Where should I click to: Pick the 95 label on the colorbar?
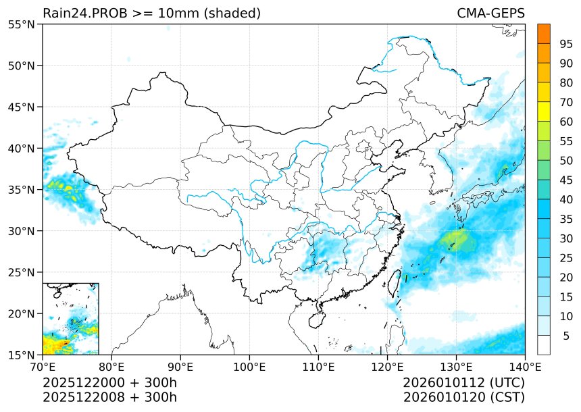[566, 44]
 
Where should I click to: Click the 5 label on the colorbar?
[566, 336]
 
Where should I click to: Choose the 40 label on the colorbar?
[566, 199]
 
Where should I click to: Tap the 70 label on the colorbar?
[566, 103]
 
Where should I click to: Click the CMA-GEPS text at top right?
[490, 14]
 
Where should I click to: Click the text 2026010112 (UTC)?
[463, 383]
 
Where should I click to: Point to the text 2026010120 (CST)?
[463, 397]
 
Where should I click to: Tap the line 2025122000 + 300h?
[109, 383]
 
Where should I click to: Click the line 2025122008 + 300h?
[109, 397]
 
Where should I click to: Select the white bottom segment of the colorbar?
[543, 345]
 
